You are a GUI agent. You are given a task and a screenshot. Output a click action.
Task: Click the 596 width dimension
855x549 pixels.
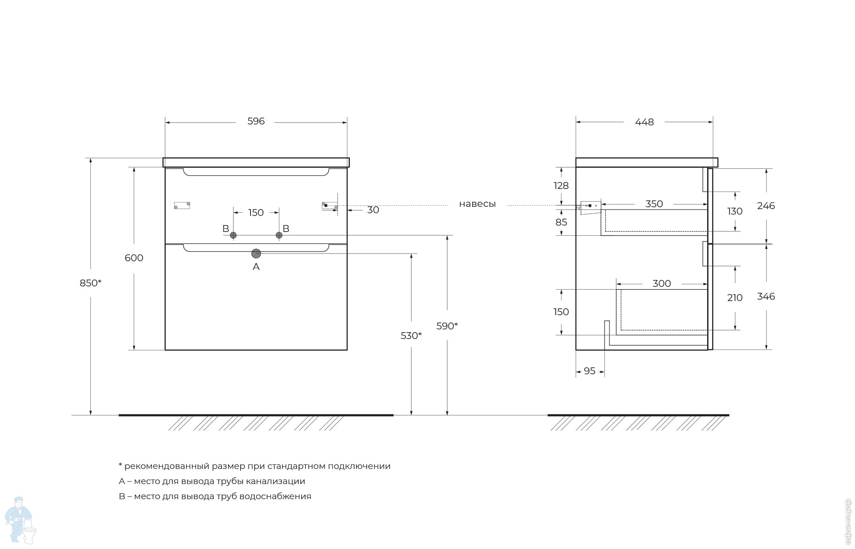[x=256, y=121]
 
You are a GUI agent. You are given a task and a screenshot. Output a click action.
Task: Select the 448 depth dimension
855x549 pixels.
[x=644, y=122]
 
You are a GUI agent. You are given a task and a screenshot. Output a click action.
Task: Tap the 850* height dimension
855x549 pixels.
[x=91, y=283]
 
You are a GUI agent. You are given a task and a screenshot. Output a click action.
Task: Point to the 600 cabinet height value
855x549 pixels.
[x=134, y=258]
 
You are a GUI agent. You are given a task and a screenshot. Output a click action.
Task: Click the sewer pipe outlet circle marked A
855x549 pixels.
[x=256, y=253]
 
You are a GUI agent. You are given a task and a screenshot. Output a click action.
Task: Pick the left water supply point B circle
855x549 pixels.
[x=233, y=235]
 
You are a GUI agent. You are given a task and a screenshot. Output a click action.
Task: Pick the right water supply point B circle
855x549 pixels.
[x=279, y=235]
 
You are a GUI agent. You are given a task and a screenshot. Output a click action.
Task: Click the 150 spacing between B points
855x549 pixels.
[x=256, y=213]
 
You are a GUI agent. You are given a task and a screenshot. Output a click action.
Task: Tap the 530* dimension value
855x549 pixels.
[x=411, y=336]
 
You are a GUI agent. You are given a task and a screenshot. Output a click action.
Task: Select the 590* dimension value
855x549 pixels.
[x=447, y=326]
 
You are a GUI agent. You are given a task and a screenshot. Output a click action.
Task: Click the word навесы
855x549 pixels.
[x=477, y=204]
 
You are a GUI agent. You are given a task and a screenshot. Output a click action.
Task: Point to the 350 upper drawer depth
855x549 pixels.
[x=654, y=204]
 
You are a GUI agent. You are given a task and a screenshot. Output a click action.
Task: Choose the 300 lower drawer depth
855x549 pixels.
[x=662, y=284]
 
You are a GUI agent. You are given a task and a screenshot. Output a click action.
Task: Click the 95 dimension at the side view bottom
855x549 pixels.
[x=590, y=371]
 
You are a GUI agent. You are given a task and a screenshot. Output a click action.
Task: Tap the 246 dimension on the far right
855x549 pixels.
[x=766, y=206]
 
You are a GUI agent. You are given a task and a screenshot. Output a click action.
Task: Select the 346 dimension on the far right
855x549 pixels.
[x=766, y=296]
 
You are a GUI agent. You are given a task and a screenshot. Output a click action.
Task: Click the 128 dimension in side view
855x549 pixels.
[x=561, y=186]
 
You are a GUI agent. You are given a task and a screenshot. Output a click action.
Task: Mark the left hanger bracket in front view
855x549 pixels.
[x=182, y=205]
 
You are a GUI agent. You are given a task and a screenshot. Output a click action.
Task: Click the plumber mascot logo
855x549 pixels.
[x=20, y=520]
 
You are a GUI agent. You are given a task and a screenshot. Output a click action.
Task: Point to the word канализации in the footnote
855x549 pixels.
[x=275, y=481]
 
